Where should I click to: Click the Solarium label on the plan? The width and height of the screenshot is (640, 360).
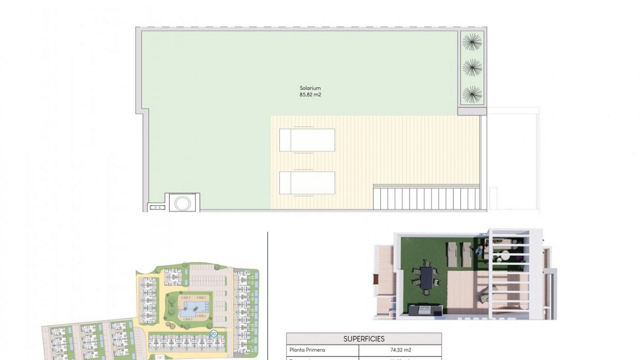310,88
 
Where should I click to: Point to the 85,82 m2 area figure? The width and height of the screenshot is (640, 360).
310,95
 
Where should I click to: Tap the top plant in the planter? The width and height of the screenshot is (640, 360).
472,42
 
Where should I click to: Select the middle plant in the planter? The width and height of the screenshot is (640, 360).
472,68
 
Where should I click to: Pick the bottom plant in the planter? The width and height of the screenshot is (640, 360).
472,94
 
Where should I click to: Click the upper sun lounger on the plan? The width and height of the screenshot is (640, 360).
307,140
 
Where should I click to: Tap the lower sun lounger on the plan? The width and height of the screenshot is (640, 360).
307,183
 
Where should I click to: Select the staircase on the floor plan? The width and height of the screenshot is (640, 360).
427,198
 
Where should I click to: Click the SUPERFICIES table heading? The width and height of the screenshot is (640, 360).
364,339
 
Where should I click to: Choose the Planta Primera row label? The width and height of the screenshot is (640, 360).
307,350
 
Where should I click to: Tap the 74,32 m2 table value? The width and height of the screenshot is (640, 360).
400,350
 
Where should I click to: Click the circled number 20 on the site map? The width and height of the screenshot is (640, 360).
214,333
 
